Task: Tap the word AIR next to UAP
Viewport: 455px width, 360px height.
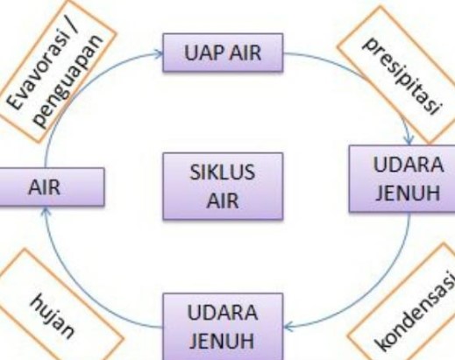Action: click(245, 53)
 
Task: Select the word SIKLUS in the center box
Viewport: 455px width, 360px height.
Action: click(223, 172)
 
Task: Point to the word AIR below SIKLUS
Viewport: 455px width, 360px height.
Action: click(223, 201)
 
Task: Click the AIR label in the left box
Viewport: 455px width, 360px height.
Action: click(45, 187)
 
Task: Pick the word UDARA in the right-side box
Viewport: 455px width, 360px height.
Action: click(409, 165)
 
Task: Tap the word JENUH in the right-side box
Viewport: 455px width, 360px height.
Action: click(408, 193)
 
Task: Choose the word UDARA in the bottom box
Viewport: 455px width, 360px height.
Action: click(223, 313)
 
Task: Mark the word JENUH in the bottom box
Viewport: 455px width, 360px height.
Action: click(222, 341)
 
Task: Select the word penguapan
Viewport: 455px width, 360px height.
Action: click(68, 81)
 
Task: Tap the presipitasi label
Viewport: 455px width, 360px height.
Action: click(402, 75)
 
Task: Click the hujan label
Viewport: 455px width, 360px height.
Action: click(52, 316)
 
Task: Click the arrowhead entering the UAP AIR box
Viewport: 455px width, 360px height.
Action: click(159, 53)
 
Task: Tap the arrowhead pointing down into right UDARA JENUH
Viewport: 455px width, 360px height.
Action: click(409, 140)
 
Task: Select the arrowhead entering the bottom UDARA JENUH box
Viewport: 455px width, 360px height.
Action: click(288, 327)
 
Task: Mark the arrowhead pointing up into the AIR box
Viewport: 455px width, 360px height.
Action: click(45, 211)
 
